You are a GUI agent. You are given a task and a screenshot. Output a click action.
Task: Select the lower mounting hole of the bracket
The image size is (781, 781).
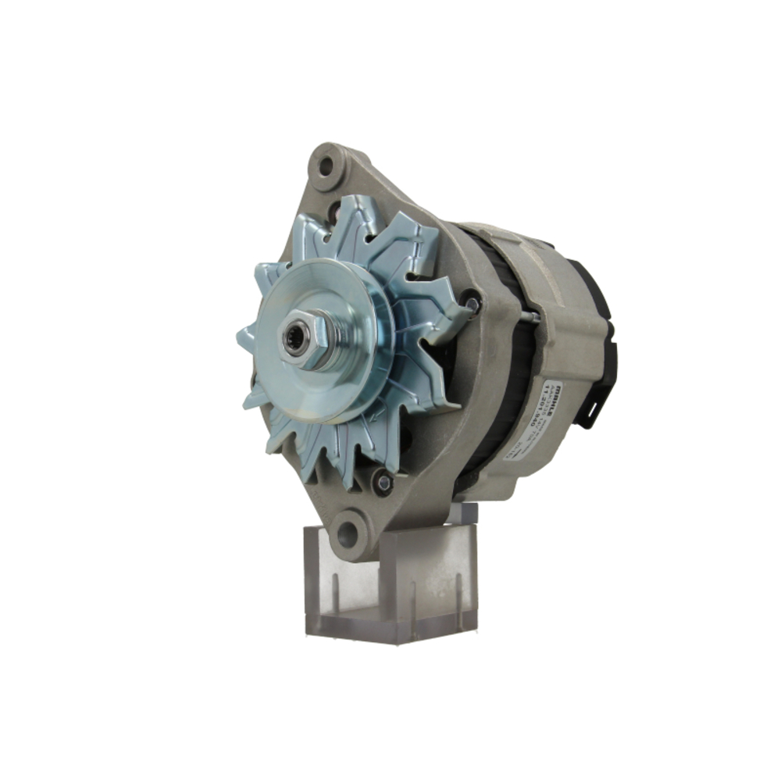(x=348, y=533)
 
